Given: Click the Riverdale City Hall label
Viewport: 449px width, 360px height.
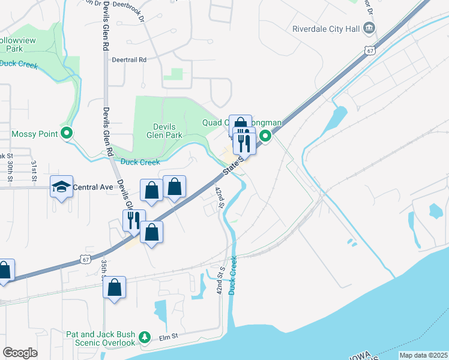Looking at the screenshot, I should click(x=325, y=28).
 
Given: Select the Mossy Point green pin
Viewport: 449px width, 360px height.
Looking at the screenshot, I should click(x=67, y=134).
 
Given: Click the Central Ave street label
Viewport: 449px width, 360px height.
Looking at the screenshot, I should click(x=93, y=187).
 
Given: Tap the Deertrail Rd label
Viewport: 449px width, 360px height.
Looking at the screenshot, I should click(x=129, y=60).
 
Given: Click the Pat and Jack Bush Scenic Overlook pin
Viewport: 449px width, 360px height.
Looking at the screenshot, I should click(x=144, y=338).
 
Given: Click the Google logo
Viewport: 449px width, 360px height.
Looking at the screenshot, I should click(x=20, y=353).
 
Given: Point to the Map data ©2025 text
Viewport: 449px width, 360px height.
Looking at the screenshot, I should click(x=423, y=355).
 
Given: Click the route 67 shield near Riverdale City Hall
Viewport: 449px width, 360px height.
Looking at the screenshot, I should click(x=370, y=50).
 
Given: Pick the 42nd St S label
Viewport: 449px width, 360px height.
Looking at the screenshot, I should click(x=220, y=280).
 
